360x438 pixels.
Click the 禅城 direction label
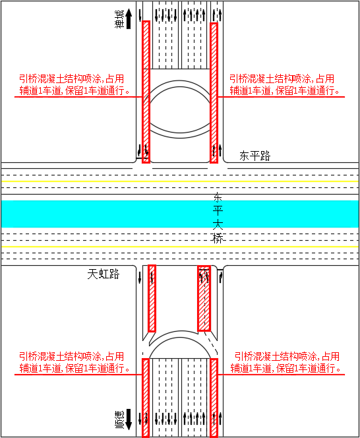point(119,19)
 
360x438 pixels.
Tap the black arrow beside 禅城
point(129,18)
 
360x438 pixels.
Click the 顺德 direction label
point(119,420)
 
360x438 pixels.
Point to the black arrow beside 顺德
point(129,420)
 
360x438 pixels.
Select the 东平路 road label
point(255,156)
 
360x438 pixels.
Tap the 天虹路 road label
point(104,274)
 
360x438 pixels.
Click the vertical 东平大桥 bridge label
point(218,218)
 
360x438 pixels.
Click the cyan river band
point(180,214)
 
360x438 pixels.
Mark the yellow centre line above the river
point(180,181)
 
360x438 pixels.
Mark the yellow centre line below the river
point(180,247)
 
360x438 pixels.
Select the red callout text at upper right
point(284,84)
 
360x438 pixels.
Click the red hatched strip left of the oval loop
point(146,92)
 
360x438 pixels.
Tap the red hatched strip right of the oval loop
point(214,93)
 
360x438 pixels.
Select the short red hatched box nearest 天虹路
point(152,298)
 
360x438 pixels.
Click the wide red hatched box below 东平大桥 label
point(204,298)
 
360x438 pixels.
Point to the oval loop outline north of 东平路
point(180,81)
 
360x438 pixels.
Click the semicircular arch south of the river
point(180,332)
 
